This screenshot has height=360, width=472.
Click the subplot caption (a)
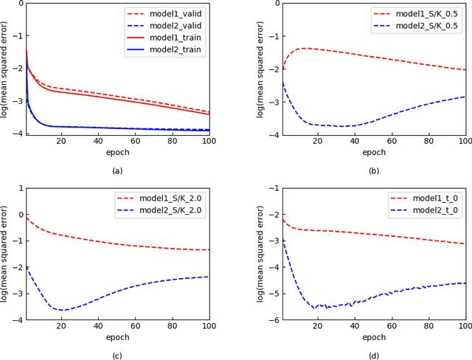(117, 171)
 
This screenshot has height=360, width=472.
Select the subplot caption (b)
(374, 171)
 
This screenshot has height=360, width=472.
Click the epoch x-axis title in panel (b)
(374, 152)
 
